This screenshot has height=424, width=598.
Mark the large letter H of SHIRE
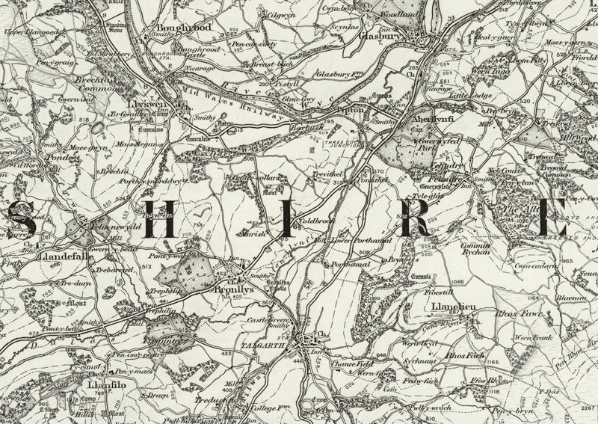[159, 215]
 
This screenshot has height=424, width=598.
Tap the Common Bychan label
[475, 248]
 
